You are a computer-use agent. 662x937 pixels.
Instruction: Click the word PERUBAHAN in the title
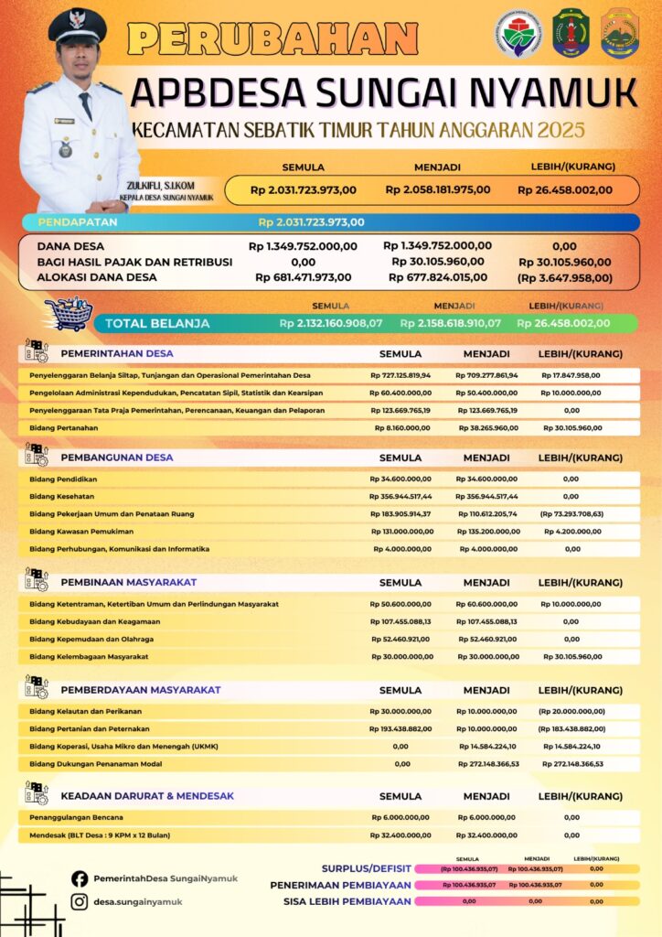pos(272,38)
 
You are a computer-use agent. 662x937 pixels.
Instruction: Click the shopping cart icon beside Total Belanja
pos(69,314)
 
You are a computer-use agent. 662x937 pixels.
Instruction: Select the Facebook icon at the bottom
pos(80,878)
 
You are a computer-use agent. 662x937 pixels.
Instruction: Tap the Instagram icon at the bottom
pos(80,902)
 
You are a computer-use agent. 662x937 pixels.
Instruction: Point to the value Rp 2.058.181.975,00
pos(438,190)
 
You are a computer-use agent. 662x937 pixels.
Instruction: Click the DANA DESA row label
pos(70,246)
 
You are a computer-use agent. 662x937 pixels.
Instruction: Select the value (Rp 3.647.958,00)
pos(564,277)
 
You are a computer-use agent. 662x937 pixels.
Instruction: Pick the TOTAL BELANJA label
pos(157,323)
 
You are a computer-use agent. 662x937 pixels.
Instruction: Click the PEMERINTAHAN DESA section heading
pos(116,353)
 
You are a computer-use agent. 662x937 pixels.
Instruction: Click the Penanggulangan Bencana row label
pos(76,816)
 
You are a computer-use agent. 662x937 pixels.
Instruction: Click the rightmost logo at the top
pos(620,34)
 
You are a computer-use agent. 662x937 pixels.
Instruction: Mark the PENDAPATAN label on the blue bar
pos(76,221)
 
